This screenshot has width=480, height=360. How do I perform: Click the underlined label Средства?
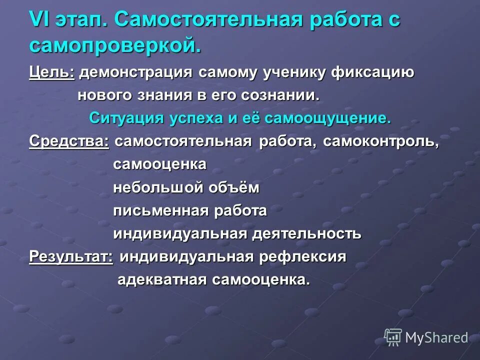coord(69,141)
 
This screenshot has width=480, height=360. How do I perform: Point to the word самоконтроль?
coord(380,141)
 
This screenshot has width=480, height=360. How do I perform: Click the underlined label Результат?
coord(71,256)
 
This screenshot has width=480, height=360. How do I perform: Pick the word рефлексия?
coord(303,256)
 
